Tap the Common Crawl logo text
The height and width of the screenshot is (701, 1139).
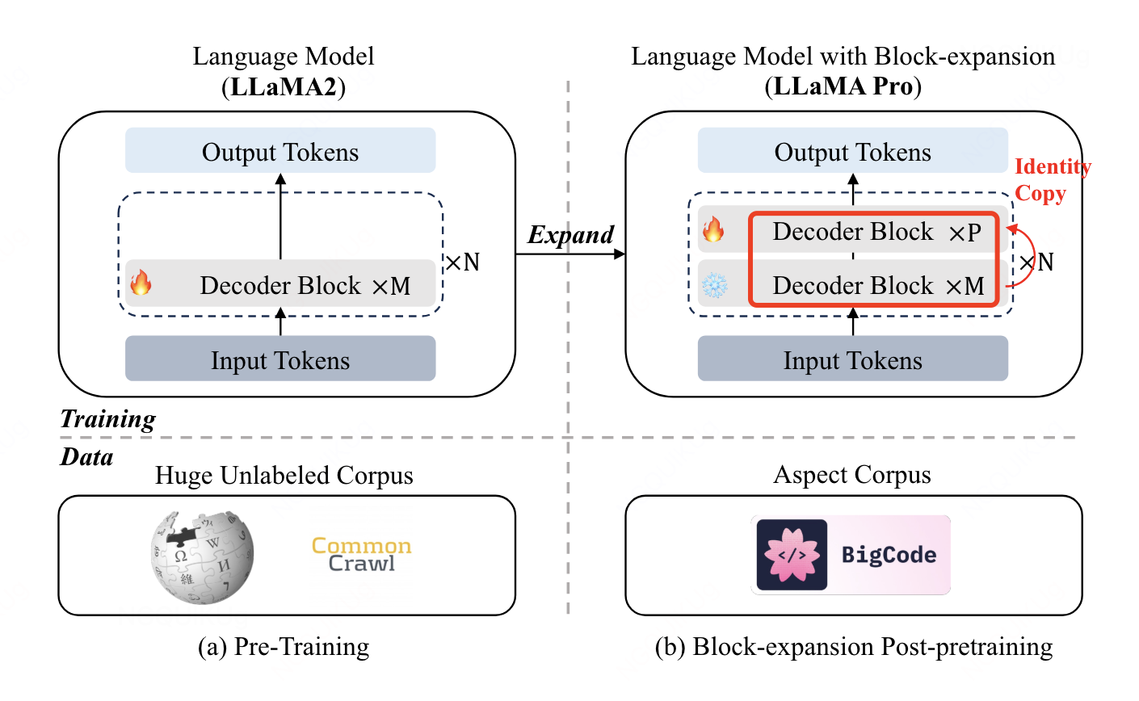[x=362, y=555]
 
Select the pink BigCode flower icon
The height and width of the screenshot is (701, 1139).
[x=792, y=555]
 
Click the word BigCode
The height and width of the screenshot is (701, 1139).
[x=889, y=555]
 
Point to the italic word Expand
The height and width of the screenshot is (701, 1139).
[x=570, y=235]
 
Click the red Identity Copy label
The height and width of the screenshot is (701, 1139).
[x=1052, y=180]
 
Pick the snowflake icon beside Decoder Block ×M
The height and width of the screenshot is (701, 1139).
[x=714, y=285]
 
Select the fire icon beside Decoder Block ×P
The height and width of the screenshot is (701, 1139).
[x=713, y=231]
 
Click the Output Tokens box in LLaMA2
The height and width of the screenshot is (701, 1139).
[x=280, y=151]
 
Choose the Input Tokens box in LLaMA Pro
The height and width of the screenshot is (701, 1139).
[x=852, y=359]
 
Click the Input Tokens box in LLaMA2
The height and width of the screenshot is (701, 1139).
[x=280, y=359]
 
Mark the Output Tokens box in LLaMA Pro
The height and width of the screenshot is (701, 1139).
[x=852, y=151]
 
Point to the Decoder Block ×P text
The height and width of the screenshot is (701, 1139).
[x=876, y=233]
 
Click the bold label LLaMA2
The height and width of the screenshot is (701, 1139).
[x=284, y=86]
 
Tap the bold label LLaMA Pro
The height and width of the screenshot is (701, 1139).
[x=843, y=86]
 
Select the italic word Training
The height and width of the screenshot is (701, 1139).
[x=108, y=419]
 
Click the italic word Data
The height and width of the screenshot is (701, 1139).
[x=87, y=457]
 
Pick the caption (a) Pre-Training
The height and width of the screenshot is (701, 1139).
[x=284, y=647]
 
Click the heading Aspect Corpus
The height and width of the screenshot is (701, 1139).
[x=852, y=475]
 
